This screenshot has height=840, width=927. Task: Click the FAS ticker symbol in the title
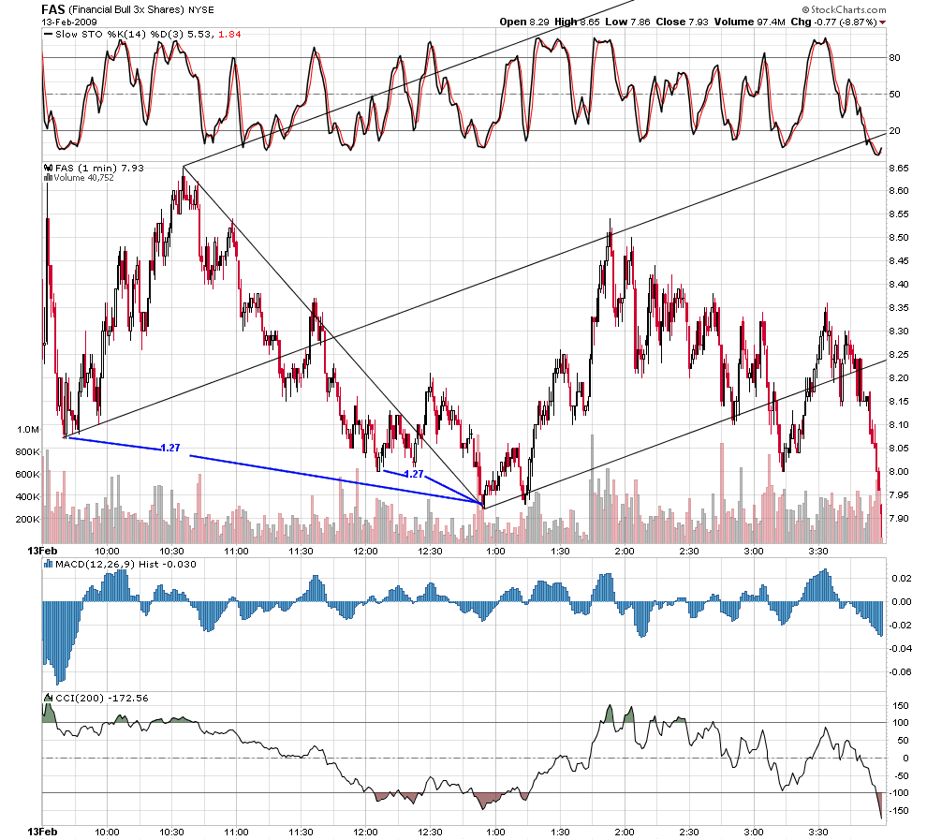tap(53, 9)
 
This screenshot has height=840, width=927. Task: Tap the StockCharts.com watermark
tap(845, 9)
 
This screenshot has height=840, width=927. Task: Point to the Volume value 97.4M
tap(772, 22)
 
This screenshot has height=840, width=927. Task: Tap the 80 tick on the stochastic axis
tap(895, 58)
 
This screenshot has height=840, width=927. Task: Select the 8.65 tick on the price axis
tap(899, 168)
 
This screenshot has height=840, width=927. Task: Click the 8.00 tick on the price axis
tap(899, 472)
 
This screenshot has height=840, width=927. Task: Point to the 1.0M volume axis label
tap(28, 430)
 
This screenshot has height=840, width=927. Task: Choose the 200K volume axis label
tap(28, 520)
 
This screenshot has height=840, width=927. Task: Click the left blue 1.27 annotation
tap(170, 448)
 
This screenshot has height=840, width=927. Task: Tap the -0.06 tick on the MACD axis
tap(900, 672)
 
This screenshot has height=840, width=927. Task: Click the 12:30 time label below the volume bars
tap(431, 551)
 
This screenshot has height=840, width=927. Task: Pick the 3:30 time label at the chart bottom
tap(818, 832)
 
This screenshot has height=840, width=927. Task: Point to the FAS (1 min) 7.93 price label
tap(99, 168)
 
